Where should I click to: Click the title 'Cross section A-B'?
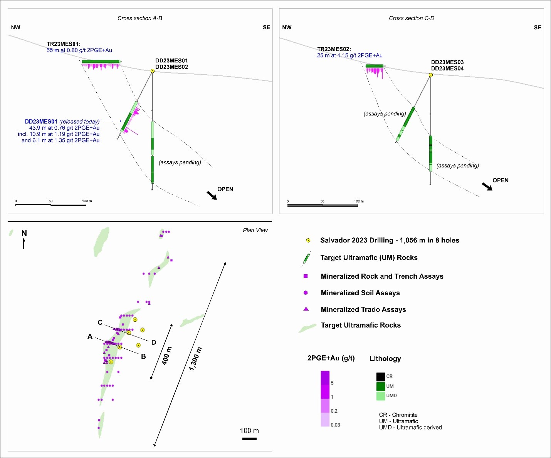click(x=139, y=18)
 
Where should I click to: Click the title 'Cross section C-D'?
click(x=412, y=18)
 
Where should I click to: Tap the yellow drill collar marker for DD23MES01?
click(x=153, y=71)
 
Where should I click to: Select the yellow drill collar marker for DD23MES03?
click(x=431, y=75)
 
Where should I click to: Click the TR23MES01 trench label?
click(x=64, y=44)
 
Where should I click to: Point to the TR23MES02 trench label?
click(x=334, y=49)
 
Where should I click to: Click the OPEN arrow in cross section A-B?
click(x=212, y=196)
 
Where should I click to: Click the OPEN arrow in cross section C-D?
click(x=487, y=186)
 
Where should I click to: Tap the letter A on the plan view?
click(x=90, y=336)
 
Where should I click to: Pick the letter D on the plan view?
click(x=154, y=343)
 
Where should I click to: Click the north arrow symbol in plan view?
click(x=24, y=244)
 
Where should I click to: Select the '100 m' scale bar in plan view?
click(x=249, y=439)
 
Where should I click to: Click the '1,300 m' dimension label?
click(x=195, y=359)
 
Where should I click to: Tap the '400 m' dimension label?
click(x=167, y=356)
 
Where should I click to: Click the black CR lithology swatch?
click(x=381, y=377)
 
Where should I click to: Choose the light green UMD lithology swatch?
click(x=381, y=396)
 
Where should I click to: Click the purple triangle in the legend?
click(x=306, y=309)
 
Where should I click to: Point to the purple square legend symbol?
click(x=306, y=276)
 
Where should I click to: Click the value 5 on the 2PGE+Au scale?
click(x=332, y=383)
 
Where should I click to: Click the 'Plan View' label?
click(x=255, y=230)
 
